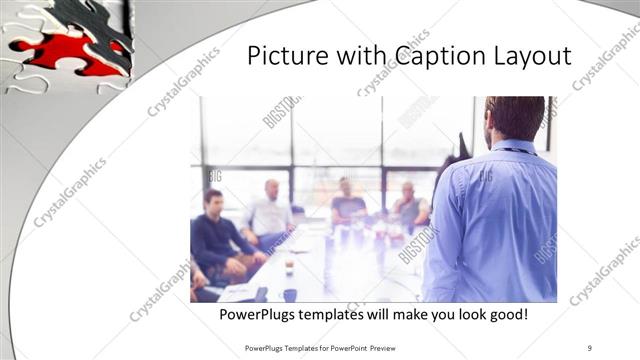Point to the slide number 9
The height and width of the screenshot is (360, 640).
[590, 348]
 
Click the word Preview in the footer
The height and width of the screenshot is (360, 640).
[396, 348]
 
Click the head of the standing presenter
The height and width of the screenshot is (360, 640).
[514, 118]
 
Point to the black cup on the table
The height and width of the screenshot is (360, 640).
[289, 294]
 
